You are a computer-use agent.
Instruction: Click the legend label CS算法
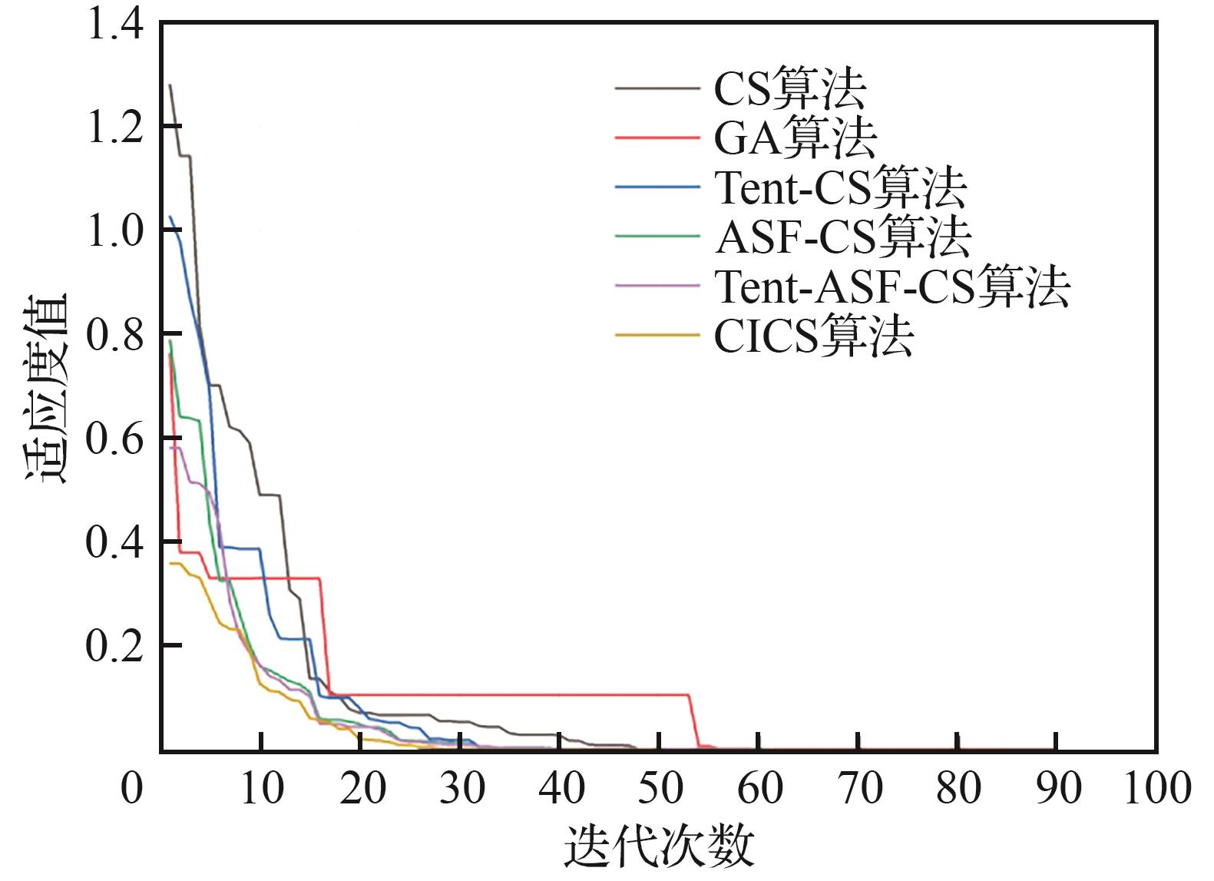(790, 90)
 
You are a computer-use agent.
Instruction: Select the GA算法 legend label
(796, 138)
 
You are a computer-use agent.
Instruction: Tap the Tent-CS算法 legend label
(840, 187)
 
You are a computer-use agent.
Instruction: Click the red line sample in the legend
(657, 139)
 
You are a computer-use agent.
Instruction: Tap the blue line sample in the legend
(657, 188)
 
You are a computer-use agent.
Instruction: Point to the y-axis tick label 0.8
(115, 334)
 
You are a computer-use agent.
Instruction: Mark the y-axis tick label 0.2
(115, 646)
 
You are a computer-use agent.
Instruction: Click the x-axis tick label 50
(660, 789)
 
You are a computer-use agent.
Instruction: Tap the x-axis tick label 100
(1156, 789)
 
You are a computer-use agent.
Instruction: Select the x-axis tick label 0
(132, 789)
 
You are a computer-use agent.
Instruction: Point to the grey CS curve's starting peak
(170, 86)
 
